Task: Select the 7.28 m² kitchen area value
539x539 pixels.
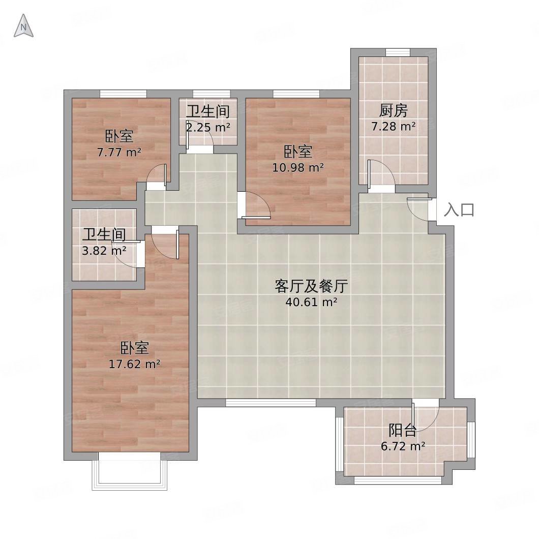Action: pos(394,126)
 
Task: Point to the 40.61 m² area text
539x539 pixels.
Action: pos(311,303)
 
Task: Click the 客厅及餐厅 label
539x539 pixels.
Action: pos(311,287)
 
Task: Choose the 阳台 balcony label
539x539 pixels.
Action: pos(403,431)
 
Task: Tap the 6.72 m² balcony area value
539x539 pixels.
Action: pos(403,447)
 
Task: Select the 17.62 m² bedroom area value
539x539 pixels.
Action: pos(135,364)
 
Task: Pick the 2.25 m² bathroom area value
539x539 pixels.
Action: pos(208,127)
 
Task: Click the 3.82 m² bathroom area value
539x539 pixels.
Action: pos(104,250)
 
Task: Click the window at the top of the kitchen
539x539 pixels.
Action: pos(397,52)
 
